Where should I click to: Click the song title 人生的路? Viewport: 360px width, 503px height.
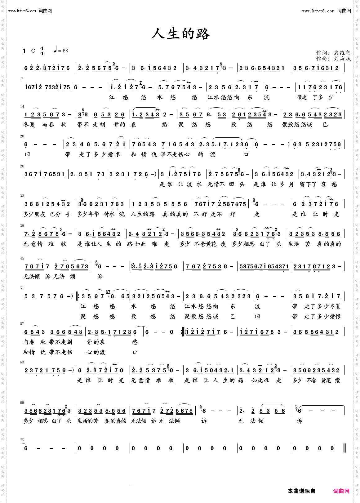(180, 34)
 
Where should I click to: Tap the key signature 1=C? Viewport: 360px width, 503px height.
(29, 51)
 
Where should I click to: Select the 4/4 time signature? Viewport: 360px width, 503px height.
(42, 51)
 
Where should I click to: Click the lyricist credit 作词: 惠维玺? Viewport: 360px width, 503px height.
(333, 53)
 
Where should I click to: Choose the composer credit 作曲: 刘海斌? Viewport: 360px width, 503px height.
(333, 59)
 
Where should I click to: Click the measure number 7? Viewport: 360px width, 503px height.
(22, 79)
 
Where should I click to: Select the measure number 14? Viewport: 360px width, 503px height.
(22, 106)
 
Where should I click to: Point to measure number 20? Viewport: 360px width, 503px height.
(22, 136)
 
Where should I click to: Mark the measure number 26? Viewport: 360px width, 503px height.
(22, 166)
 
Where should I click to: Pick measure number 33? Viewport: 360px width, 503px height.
(22, 196)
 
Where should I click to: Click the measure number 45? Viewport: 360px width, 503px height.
(22, 258)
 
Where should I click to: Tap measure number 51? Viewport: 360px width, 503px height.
(22, 288)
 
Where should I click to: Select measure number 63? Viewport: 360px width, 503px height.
(22, 362)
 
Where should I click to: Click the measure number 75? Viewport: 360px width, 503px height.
(22, 440)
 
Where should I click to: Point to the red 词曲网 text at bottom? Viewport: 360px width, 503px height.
(341, 491)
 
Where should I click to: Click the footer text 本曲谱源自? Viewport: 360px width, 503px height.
(301, 491)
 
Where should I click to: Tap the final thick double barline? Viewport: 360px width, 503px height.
(344, 448)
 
